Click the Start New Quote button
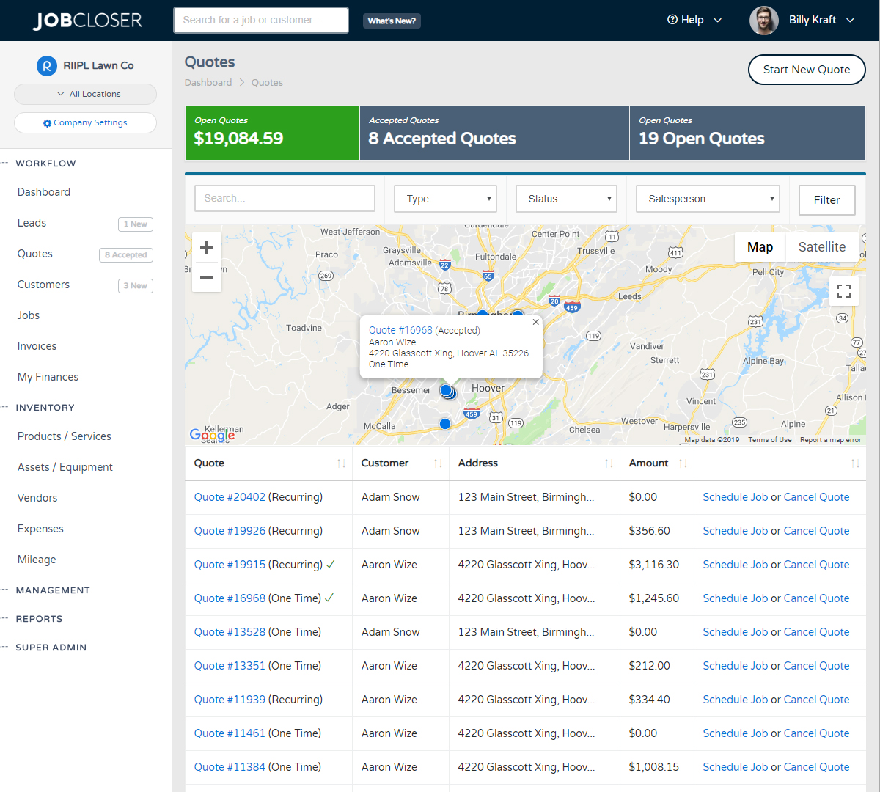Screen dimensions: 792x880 coord(806,70)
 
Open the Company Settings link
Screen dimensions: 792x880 coord(85,122)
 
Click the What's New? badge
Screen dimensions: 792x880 coord(392,21)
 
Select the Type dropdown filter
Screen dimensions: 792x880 coord(445,199)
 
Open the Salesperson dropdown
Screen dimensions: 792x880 coord(707,199)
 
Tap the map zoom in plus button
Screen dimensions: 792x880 coord(207,247)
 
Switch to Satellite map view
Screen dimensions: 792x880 coord(821,247)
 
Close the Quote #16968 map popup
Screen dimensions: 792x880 coord(535,322)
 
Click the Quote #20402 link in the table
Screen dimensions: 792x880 coord(230,497)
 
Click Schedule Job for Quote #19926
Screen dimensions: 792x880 coord(735,531)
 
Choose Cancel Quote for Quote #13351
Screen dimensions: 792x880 coord(816,666)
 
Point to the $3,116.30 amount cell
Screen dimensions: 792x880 coord(653,565)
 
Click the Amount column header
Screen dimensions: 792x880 coord(648,463)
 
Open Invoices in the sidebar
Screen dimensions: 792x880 coord(37,346)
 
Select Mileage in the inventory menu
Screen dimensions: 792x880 coord(37,560)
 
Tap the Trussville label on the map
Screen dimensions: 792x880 coord(596,251)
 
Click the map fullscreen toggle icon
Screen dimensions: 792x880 coord(843,291)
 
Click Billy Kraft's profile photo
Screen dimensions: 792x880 coord(763,21)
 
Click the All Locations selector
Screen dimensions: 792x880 coord(85,94)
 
